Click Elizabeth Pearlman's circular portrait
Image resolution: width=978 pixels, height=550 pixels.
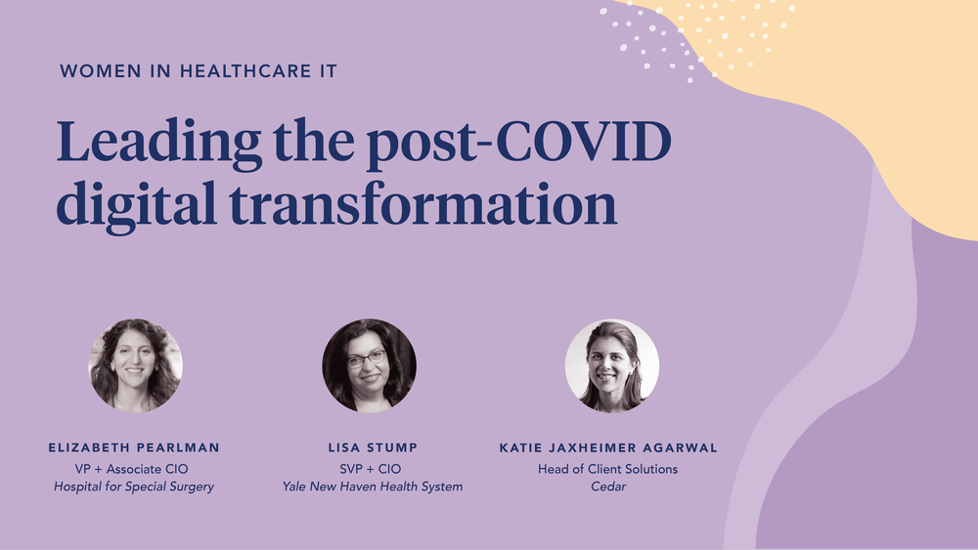[x=135, y=365]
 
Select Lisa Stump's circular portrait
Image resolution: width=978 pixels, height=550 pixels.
[x=370, y=365]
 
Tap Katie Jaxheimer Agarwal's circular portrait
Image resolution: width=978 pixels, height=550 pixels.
[x=611, y=365]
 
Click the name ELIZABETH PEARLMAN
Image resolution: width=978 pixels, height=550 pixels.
[x=135, y=447]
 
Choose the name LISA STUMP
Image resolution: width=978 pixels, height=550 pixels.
[x=373, y=447]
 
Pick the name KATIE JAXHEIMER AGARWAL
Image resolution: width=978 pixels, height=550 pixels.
[x=608, y=447]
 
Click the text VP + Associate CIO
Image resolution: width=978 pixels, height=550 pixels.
[x=135, y=469]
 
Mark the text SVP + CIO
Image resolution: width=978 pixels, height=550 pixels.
[x=373, y=469]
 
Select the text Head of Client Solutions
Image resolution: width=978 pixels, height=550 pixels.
[x=608, y=469]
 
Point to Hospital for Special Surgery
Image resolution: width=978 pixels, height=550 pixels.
[x=135, y=487]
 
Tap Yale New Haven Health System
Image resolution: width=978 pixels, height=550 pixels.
[x=373, y=487]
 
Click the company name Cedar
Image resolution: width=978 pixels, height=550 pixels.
[x=608, y=487]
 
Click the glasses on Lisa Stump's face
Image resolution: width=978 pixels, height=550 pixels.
[x=367, y=359]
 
